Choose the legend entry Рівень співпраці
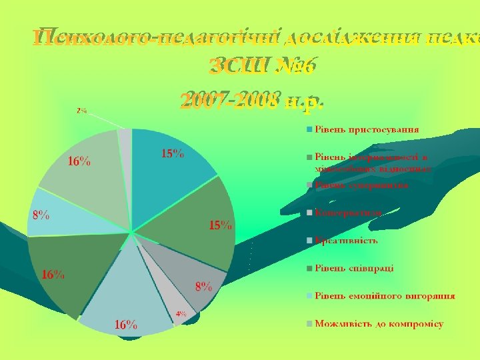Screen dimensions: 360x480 pyautogui.click(x=354, y=268)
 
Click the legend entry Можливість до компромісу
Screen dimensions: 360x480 pyautogui.click(x=379, y=324)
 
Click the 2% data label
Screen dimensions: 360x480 pyautogui.click(x=81, y=111)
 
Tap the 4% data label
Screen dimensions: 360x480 pyautogui.click(x=181, y=313)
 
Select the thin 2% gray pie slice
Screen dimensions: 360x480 pyautogui.click(x=125, y=136)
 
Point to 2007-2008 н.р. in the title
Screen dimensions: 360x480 pyautogui.click(x=251, y=102)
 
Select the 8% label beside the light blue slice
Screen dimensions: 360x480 pyautogui.click(x=41, y=215)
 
